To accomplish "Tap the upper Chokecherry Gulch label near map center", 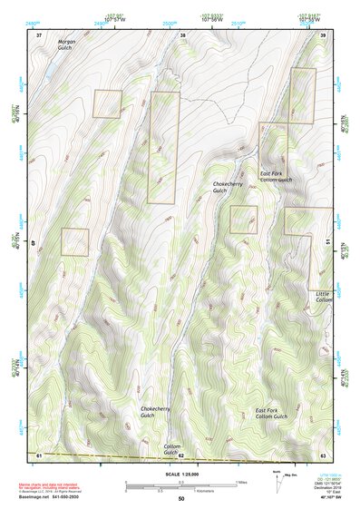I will coord(220,188).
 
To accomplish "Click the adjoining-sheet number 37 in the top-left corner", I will coord(39,34).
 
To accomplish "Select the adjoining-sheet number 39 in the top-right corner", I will coord(323,34).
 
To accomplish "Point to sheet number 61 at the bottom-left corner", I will coord(39,454).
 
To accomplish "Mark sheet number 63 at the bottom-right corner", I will coord(323,454).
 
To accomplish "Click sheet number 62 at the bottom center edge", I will coord(181,455).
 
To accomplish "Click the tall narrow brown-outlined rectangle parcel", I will coord(163,147).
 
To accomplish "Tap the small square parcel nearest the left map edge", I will coord(75,242).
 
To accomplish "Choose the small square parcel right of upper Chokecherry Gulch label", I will coord(244,220).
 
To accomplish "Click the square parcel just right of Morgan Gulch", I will coord(107,103).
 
